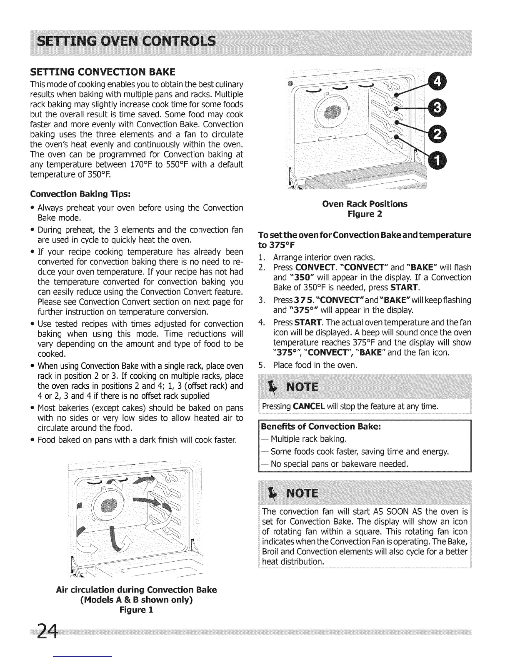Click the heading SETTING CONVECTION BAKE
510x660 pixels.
point(96,72)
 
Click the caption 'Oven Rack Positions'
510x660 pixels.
point(365,204)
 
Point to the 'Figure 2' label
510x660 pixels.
point(365,214)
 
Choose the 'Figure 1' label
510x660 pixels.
point(136,610)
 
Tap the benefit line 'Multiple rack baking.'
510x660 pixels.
point(309,439)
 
